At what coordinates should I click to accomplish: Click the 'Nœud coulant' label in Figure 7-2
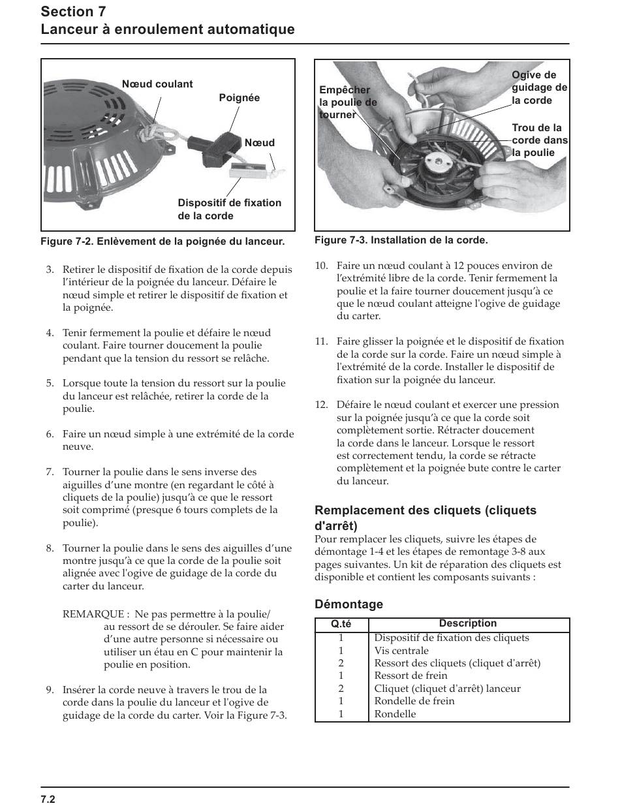tap(157, 84)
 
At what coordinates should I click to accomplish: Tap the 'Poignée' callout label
tap(239, 98)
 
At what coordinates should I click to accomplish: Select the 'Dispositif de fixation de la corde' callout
tap(229, 209)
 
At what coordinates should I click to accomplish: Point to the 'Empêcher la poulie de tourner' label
tap(348, 102)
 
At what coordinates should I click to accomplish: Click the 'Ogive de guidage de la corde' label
tap(539, 88)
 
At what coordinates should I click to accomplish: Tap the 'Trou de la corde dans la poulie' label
tap(539, 140)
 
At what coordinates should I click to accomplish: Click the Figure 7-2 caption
tap(163, 241)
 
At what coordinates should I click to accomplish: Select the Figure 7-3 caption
tap(401, 240)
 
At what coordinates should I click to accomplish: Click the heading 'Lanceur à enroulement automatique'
tap(168, 29)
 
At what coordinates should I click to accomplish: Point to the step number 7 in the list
tap(50, 472)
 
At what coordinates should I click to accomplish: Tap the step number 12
tap(321, 405)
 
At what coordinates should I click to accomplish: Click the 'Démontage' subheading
tap(349, 604)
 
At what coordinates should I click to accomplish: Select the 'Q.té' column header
tap(341, 625)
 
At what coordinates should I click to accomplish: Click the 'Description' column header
tap(467, 624)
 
